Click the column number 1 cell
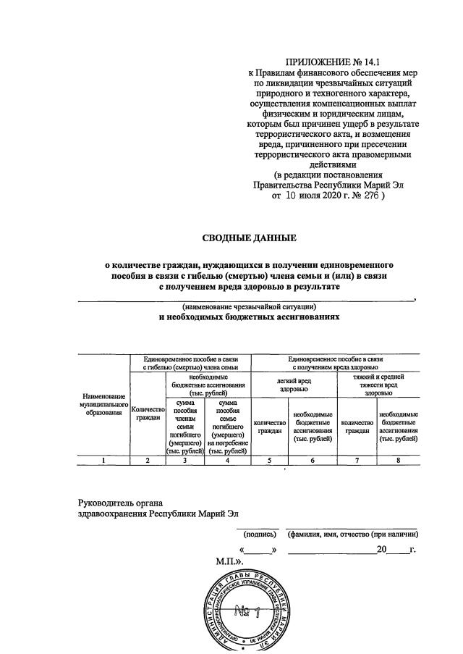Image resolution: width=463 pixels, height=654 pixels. (105, 460)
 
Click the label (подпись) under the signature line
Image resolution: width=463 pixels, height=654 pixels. (260, 534)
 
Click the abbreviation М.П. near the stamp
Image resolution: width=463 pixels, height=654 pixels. (230, 561)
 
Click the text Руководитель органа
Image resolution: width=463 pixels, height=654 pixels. (121, 503)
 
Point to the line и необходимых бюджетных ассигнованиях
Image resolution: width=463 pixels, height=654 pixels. (250, 317)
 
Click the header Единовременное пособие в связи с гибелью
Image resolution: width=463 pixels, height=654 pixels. (190, 363)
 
